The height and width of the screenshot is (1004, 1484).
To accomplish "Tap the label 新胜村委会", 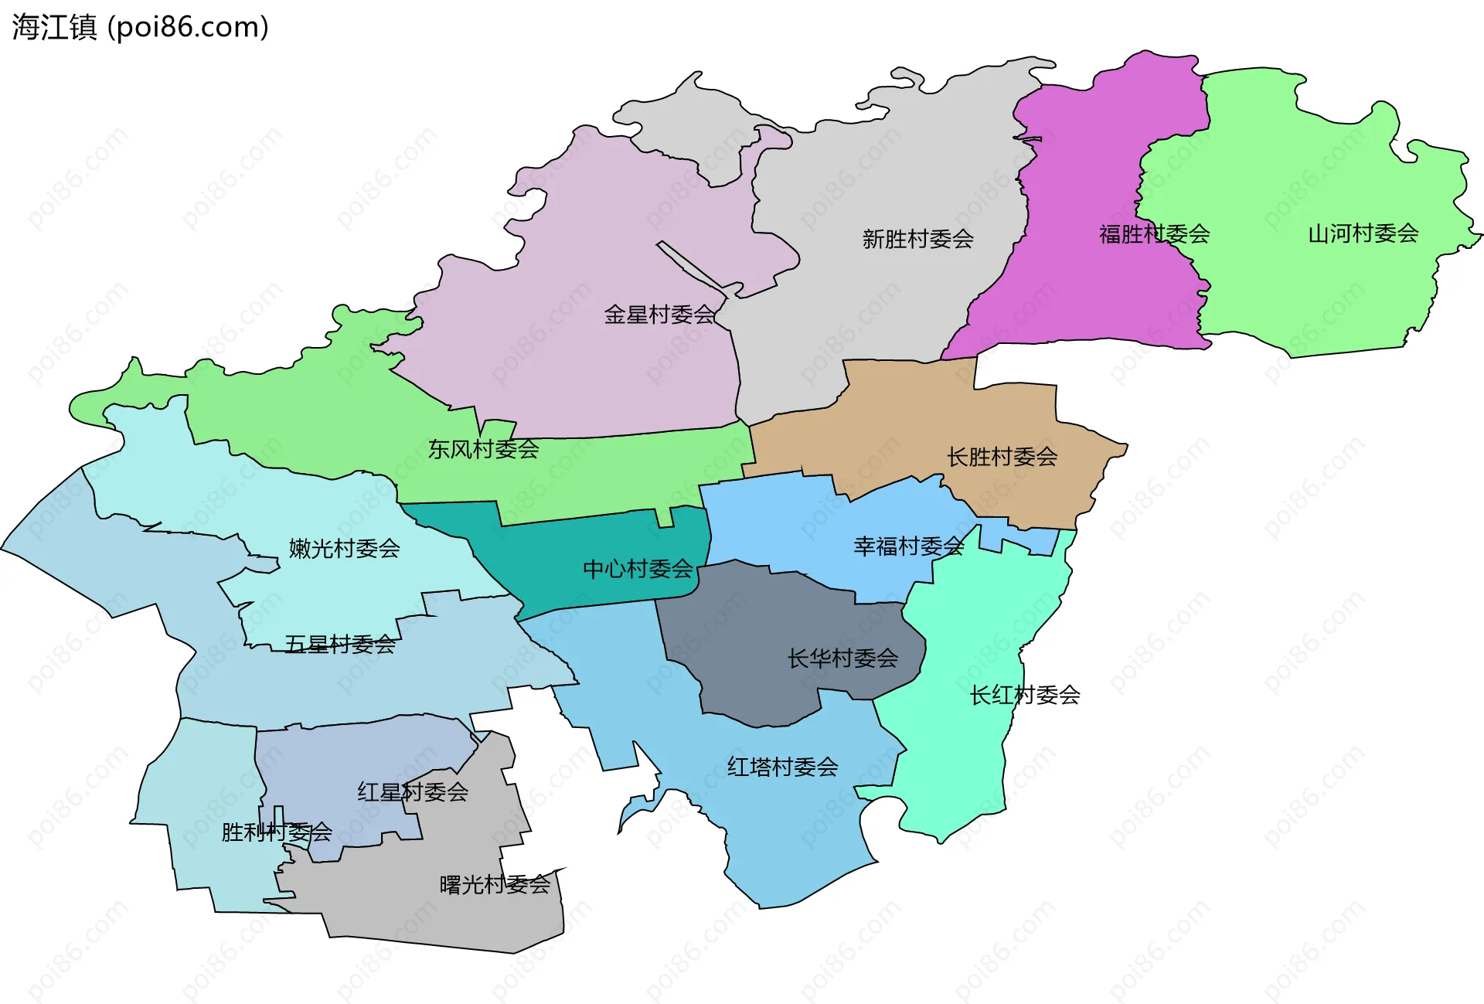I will point(917,239).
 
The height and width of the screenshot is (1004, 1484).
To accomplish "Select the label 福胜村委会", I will point(1154,233).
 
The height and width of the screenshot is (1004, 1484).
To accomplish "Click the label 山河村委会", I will point(1363,233).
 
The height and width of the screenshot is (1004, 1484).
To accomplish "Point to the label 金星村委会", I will point(659,315).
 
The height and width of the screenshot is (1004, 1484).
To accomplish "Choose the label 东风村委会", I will point(484,449).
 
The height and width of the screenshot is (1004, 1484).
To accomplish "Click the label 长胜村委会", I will point(1002,457).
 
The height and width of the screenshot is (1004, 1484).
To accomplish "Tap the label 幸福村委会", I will point(909,546).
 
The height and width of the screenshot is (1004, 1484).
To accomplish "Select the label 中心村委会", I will point(638,569).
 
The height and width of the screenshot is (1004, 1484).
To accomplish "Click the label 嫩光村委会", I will point(344,549).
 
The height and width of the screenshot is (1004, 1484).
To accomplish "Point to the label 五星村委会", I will point(340,644).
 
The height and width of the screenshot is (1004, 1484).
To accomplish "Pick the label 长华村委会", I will point(842,659).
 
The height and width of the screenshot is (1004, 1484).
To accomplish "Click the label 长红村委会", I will point(1025,695).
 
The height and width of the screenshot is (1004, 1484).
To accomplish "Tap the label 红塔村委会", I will point(782,767).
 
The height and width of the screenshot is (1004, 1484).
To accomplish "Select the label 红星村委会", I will point(413,791).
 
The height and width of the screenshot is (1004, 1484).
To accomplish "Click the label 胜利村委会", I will point(277,832).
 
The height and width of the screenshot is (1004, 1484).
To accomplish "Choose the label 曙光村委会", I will point(495,884).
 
